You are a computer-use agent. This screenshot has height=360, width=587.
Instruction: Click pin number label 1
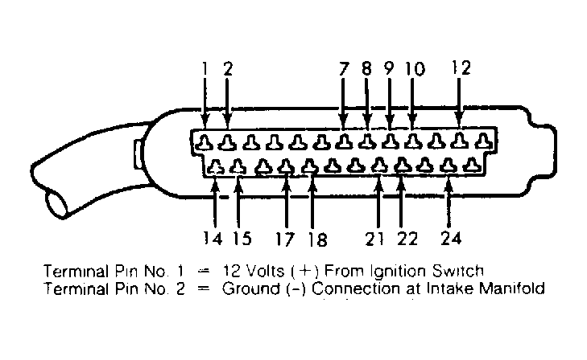(x=205, y=69)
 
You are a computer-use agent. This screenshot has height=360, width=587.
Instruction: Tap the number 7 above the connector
(x=344, y=69)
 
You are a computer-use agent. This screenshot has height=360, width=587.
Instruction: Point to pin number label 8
(x=367, y=69)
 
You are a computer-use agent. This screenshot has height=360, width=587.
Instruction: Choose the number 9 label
(x=390, y=69)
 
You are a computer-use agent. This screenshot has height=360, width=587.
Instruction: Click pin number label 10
(x=414, y=69)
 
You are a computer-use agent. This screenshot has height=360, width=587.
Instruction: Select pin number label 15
(x=240, y=238)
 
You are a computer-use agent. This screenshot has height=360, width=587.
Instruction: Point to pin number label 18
(x=316, y=239)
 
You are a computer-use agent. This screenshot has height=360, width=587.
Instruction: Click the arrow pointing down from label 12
(x=460, y=104)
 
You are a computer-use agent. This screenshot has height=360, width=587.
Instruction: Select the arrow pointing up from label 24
(x=449, y=201)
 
